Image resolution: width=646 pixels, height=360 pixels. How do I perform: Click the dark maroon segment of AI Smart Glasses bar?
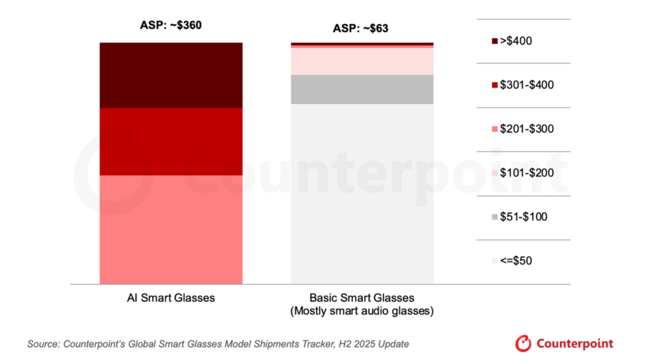[x=171, y=75]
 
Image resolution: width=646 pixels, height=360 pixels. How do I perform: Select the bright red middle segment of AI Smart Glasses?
[x=171, y=141]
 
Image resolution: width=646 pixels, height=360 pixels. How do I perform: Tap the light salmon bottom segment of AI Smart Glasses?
[x=171, y=229]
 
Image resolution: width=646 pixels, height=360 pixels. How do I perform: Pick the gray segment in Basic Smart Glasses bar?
[x=362, y=89]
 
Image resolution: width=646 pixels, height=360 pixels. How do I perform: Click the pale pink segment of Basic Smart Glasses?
[x=362, y=61]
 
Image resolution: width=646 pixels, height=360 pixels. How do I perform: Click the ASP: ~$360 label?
[x=170, y=26]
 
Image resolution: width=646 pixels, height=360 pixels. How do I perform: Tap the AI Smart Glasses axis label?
[x=170, y=298]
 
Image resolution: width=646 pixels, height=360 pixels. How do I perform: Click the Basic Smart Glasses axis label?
[x=361, y=298]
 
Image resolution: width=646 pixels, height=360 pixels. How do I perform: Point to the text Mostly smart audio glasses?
[x=361, y=311]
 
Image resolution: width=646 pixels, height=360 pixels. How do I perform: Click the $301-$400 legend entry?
[x=522, y=85]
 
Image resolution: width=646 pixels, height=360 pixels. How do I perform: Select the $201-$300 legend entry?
[x=522, y=129]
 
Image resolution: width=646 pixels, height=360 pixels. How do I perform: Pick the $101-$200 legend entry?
[x=522, y=173]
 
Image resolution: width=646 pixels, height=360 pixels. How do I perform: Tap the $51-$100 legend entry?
[x=519, y=217]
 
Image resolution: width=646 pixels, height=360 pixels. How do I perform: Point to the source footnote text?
[x=218, y=344]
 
